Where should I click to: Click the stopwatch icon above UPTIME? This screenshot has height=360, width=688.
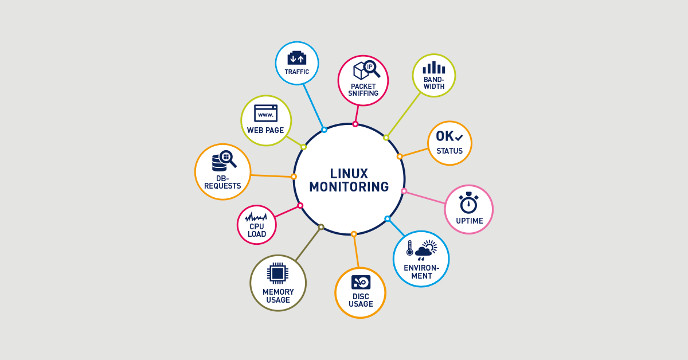point(468,203)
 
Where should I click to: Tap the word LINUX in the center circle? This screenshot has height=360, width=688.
point(349,173)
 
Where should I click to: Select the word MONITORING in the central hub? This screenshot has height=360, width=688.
point(349,187)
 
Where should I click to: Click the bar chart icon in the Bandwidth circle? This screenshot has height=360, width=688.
point(434,68)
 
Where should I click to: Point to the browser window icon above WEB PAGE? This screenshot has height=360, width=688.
point(265,114)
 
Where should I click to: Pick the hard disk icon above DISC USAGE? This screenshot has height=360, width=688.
point(361,282)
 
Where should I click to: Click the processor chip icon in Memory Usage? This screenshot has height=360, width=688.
point(278,273)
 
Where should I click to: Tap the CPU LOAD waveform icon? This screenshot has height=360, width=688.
point(256,217)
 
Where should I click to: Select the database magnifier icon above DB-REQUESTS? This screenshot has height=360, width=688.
point(224,161)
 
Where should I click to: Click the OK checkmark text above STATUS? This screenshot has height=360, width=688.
point(449,136)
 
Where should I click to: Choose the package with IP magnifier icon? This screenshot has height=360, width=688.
point(366,71)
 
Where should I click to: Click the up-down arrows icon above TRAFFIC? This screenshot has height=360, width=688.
point(297,58)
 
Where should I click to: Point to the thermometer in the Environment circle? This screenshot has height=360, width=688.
point(409,248)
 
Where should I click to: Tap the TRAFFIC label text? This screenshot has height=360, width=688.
point(297,72)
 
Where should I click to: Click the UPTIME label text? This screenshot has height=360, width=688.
point(470,221)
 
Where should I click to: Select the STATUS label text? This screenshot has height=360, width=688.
point(449,151)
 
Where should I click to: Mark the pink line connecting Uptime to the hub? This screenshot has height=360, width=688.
point(425,197)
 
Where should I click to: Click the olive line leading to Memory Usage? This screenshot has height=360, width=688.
point(308,244)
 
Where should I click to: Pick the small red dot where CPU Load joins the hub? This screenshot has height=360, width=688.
point(300,205)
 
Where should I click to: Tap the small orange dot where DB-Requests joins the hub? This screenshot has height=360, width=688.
point(294,177)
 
